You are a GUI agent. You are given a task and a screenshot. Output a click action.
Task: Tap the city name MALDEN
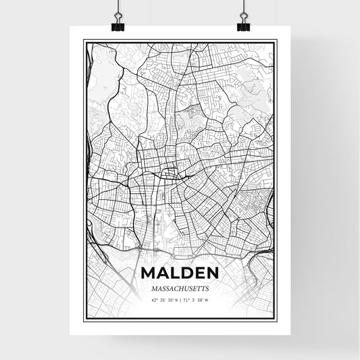click(x=180, y=274)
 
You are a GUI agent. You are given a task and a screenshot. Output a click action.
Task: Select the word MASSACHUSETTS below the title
click(x=180, y=288)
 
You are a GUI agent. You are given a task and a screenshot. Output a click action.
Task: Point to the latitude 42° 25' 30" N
click(x=163, y=300)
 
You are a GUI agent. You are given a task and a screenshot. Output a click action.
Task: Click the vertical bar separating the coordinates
click(x=180, y=300)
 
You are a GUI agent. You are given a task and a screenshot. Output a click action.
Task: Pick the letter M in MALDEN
click(x=150, y=274)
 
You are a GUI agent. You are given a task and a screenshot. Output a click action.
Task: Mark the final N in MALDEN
click(x=211, y=274)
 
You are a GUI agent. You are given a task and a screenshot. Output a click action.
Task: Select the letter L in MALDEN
click(x=174, y=274)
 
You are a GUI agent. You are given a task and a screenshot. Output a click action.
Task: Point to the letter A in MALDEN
click(x=163, y=274)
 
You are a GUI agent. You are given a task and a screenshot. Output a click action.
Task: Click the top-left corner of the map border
click(x=84, y=41)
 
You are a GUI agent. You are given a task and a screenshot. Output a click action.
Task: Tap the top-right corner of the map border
click(x=276, y=41)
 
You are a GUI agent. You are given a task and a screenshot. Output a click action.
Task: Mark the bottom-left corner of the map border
click(x=84, y=319)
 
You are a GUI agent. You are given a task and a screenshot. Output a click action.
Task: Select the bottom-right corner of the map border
click(x=276, y=319)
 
